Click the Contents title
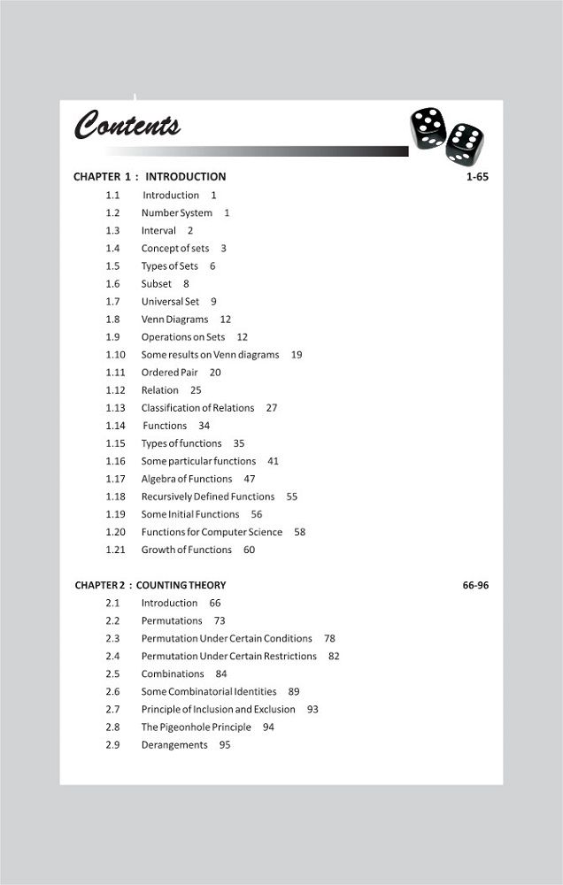(x=127, y=126)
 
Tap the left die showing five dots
(x=428, y=127)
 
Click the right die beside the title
(x=464, y=142)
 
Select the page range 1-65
(x=477, y=177)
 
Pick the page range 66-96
(x=475, y=585)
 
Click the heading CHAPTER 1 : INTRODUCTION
(x=150, y=177)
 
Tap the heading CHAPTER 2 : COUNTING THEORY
(x=150, y=585)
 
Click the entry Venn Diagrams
(x=174, y=319)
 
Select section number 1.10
(x=115, y=355)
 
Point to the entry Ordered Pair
(x=169, y=373)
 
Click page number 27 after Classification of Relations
(x=271, y=408)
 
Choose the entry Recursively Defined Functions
(x=208, y=496)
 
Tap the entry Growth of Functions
(x=186, y=550)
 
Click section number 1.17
(x=115, y=479)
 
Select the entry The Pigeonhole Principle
(x=196, y=727)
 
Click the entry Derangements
(x=174, y=745)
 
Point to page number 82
(x=334, y=656)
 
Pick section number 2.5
(x=112, y=673)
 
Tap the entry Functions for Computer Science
(x=212, y=532)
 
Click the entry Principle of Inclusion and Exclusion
(x=218, y=709)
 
